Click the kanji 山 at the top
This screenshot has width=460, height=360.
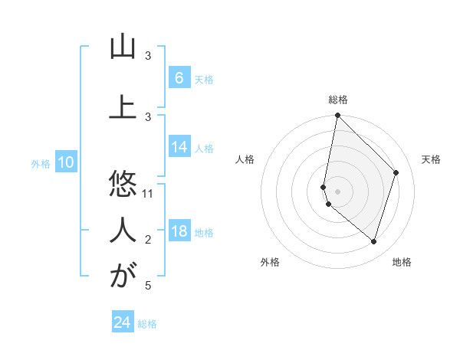[123, 47]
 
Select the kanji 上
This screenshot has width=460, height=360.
[123, 108]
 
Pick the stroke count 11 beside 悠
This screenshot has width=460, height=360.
[149, 193]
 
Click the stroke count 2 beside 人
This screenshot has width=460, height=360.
[149, 240]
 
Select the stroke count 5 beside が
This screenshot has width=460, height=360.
[149, 286]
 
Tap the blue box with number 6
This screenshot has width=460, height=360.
[179, 77]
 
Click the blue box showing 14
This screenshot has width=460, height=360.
[179, 147]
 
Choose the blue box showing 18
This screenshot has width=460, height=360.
[179, 231]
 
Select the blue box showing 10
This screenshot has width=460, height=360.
[65, 162]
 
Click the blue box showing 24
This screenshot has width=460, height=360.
[122, 322]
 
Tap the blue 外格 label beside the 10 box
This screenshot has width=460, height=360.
[41, 163]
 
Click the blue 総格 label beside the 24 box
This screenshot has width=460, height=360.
[147, 324]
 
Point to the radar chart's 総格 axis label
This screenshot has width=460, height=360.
[338, 100]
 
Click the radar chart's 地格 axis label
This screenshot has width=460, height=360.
[402, 262]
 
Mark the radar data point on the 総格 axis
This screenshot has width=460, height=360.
[338, 115]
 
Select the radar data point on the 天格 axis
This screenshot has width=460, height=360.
[396, 172]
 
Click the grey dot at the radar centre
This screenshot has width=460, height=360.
[338, 191]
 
